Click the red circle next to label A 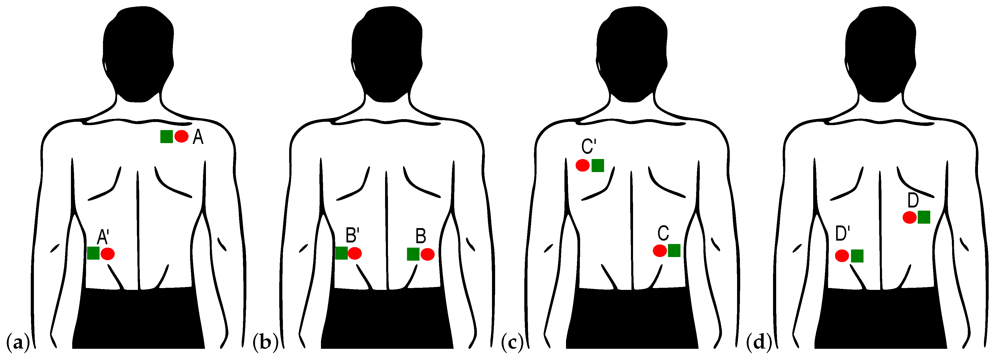181,136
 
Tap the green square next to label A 166,137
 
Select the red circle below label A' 108,254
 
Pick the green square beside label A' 93,253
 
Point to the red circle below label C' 582,165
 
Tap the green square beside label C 674,251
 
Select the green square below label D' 857,256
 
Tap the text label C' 588,147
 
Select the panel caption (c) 512,343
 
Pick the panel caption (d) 759,343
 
